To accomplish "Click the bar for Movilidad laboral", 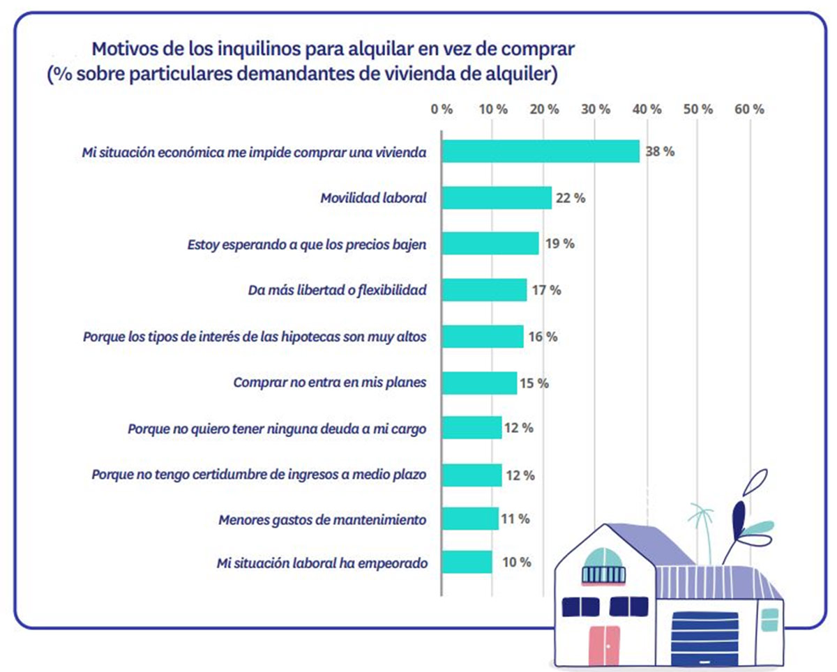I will (497, 197).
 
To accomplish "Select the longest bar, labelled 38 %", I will (541, 151).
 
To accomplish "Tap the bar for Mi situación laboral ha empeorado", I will (467, 562).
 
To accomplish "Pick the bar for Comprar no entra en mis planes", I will (479, 383).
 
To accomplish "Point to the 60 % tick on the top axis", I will (750, 109).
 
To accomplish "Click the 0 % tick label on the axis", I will (442, 109).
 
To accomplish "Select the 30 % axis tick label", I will (596, 109).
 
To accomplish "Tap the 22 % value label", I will (570, 198).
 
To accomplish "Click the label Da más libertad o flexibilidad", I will (337, 290).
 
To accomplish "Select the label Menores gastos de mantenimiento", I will (322, 519).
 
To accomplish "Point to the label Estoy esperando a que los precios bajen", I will (307, 244).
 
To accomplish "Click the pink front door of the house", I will (603, 646).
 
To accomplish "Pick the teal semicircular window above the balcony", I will (604, 558).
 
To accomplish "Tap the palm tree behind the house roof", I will (701, 523).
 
